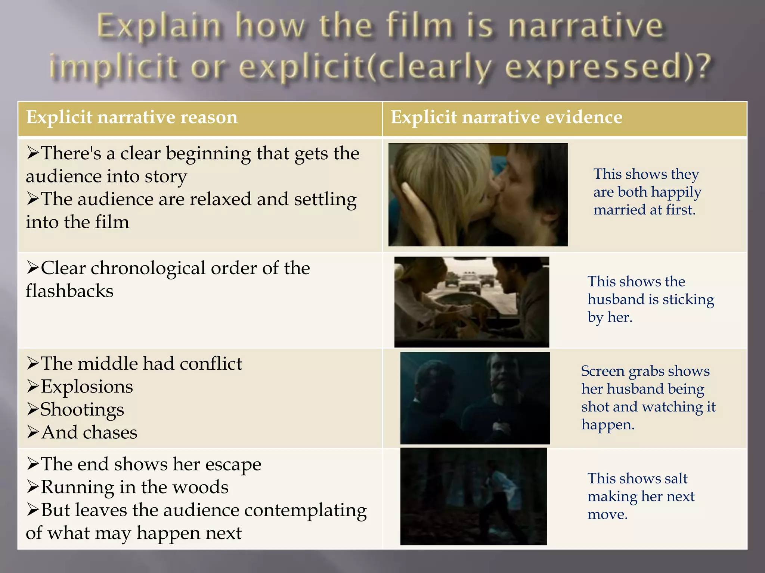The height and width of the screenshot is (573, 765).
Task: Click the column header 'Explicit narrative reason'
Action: point(132,118)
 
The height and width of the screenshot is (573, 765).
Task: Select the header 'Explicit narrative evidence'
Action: point(507,118)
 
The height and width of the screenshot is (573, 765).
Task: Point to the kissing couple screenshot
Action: point(478,194)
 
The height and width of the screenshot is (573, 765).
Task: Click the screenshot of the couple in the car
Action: point(471,301)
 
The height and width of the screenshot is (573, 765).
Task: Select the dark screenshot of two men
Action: point(475,398)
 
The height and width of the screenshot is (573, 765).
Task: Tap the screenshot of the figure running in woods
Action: point(473,496)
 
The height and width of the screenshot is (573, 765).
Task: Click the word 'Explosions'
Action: point(87,386)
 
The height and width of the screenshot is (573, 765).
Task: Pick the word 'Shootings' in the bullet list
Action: point(82,410)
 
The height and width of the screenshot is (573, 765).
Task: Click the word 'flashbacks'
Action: point(69,291)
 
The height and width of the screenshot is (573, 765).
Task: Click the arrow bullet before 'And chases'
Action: point(32,432)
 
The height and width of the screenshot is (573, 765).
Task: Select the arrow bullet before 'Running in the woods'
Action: point(32,487)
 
